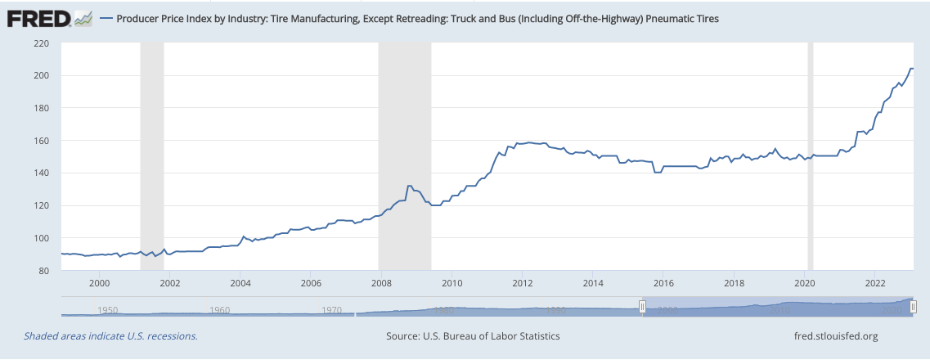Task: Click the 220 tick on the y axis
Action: point(41,43)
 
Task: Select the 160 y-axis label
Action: point(41,141)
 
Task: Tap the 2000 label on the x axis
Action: point(99,283)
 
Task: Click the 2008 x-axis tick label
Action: point(382,283)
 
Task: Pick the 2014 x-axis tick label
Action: point(594,283)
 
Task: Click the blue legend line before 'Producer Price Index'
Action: point(106,18)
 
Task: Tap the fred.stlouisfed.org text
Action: point(829,336)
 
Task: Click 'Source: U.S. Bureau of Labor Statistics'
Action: point(473,336)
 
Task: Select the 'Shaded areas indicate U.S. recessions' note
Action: point(110,336)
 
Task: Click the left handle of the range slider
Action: point(642,306)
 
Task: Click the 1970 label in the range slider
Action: point(331,311)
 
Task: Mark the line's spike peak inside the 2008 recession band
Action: point(409,186)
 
